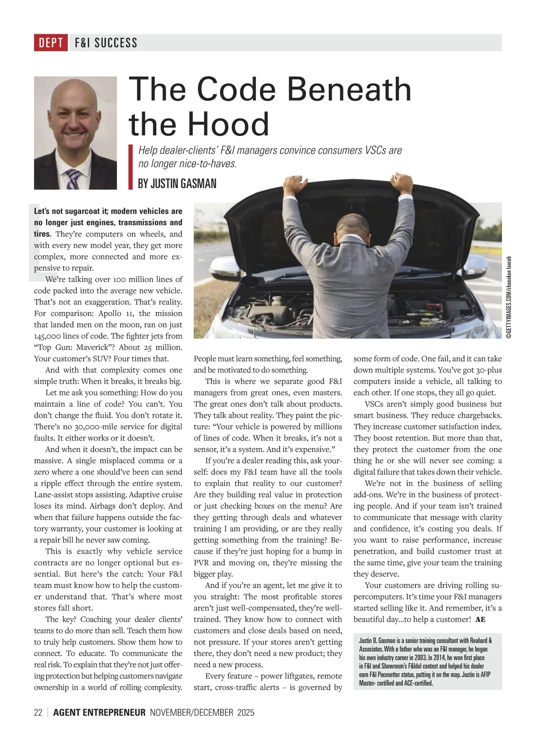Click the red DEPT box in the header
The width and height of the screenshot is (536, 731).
pyautogui.click(x=51, y=43)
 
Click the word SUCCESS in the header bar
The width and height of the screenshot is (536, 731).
pyautogui.click(x=116, y=43)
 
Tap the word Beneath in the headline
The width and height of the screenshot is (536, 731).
pyautogui.click(x=349, y=89)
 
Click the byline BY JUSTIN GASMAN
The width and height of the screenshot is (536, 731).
pyautogui.click(x=177, y=183)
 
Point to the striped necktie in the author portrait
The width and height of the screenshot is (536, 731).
pyautogui.click(x=73, y=179)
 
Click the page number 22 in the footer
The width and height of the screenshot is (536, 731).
pyautogui.click(x=38, y=712)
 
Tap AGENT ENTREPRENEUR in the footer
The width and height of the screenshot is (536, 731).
pyautogui.click(x=99, y=712)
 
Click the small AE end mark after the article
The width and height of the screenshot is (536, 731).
pyautogui.click(x=480, y=619)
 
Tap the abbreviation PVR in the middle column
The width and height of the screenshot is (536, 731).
pyautogui.click(x=202, y=563)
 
